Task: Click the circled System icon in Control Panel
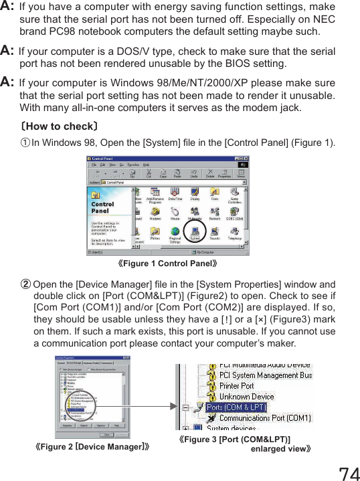(195, 232)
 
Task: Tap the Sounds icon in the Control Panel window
(215, 231)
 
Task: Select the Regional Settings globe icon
(175, 232)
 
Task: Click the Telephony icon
(235, 231)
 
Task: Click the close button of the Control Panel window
(246, 159)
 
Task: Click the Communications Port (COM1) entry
(264, 418)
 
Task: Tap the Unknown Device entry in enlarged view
(248, 396)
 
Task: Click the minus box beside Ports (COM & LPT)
(185, 407)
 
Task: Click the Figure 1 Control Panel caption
(168, 264)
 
